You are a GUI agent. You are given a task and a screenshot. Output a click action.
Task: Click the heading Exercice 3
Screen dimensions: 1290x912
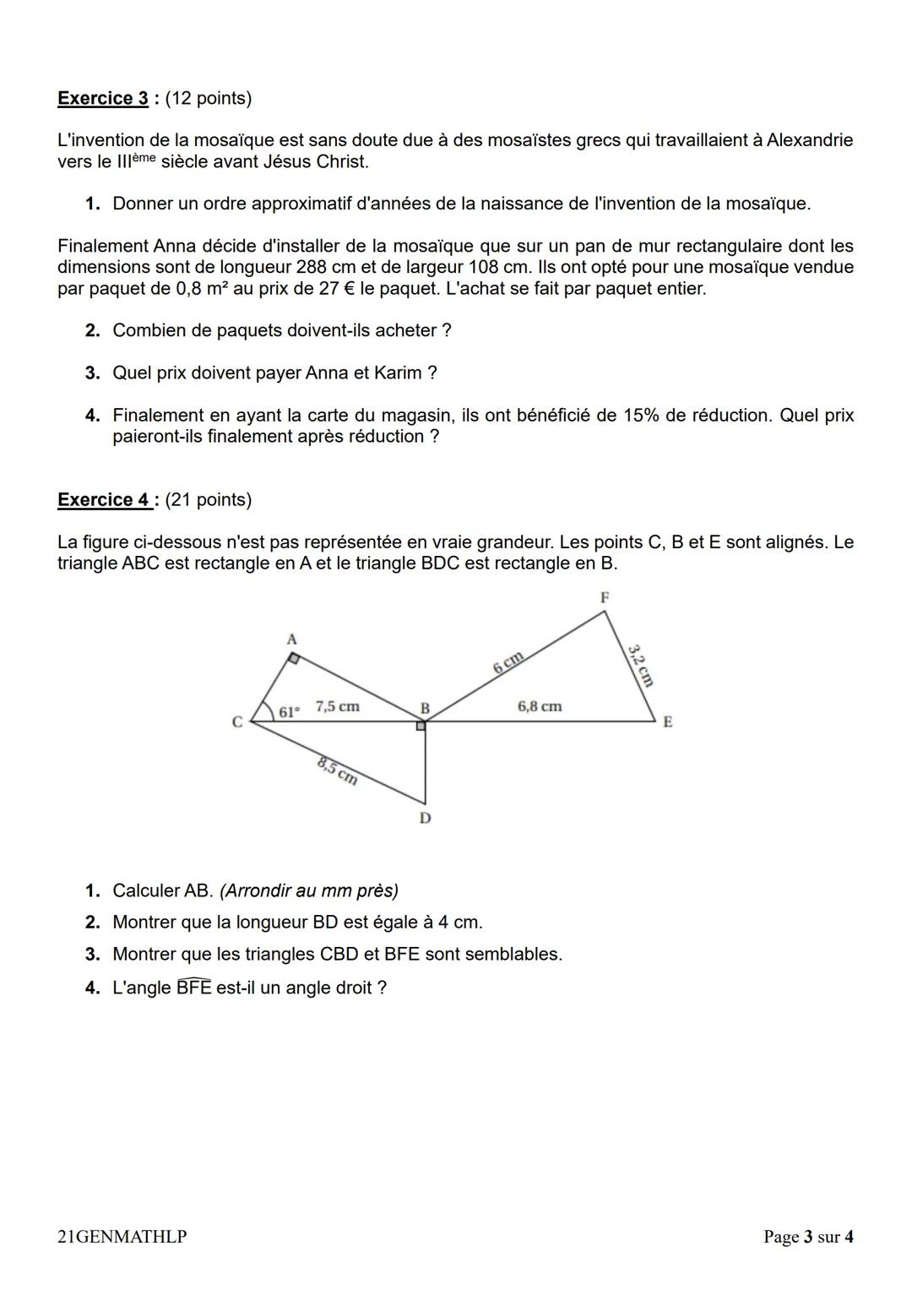pos(102,98)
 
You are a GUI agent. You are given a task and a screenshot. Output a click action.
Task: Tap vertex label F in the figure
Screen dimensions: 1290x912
pos(605,597)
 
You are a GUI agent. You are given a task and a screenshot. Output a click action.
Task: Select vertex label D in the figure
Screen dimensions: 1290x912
pos(425,818)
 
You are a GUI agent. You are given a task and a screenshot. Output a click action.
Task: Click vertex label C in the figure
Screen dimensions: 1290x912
pos(237,722)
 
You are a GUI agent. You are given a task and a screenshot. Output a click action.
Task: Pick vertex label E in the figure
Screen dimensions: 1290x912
pos(667,722)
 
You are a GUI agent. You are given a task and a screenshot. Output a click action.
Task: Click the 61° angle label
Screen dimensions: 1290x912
pos(288,711)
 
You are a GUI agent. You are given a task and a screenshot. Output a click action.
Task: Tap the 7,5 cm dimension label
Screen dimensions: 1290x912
pos(337,706)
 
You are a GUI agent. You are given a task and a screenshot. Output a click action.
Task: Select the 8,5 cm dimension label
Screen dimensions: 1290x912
pos(338,771)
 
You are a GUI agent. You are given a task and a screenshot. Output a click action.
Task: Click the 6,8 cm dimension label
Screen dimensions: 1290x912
pos(540,705)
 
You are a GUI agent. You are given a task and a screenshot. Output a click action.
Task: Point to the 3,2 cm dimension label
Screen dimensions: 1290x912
pos(641,665)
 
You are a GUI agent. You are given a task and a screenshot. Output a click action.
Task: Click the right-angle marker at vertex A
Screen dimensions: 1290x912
pos(293,658)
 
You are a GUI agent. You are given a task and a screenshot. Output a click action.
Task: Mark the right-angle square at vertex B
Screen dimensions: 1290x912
pos(421,725)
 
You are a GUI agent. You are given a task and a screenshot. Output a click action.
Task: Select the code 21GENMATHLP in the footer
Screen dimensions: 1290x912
pos(122,1237)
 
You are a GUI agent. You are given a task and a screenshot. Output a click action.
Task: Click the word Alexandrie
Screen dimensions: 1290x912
pos(809,140)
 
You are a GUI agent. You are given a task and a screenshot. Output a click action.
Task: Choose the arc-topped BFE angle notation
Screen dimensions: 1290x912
pos(193,987)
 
